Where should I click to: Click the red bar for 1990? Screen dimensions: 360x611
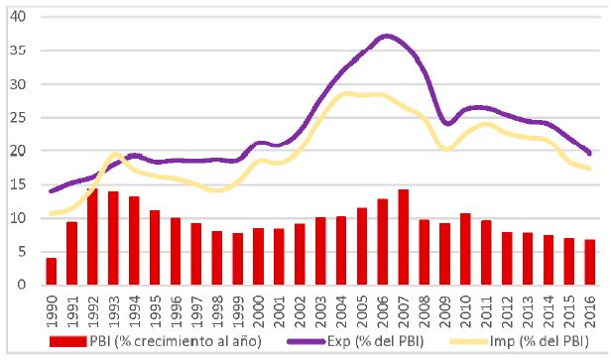[x=51, y=271]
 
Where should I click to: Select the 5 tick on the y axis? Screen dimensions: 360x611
[x=23, y=252]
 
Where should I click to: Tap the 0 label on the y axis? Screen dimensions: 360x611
[x=23, y=285]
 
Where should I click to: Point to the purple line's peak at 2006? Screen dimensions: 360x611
[x=385, y=37]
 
